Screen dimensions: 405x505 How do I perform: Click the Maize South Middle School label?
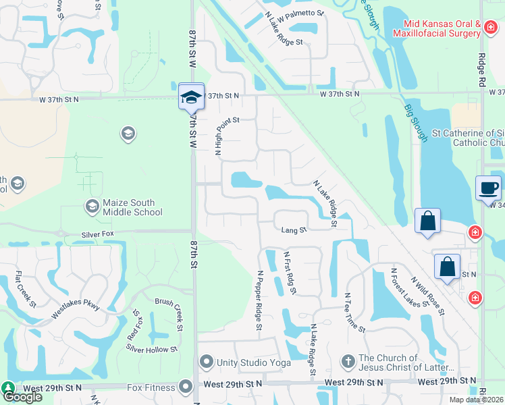133,207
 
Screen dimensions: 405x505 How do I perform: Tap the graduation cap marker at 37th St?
191,97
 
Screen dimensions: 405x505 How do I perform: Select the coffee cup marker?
488,188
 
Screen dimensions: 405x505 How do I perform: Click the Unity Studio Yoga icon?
206,362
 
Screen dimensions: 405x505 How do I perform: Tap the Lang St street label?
294,230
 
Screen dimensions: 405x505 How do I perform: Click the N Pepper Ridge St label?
259,300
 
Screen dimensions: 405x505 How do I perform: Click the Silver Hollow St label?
151,349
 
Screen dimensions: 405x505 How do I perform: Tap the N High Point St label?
219,135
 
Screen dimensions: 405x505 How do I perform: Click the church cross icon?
348,362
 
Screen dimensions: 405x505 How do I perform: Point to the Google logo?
22,396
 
